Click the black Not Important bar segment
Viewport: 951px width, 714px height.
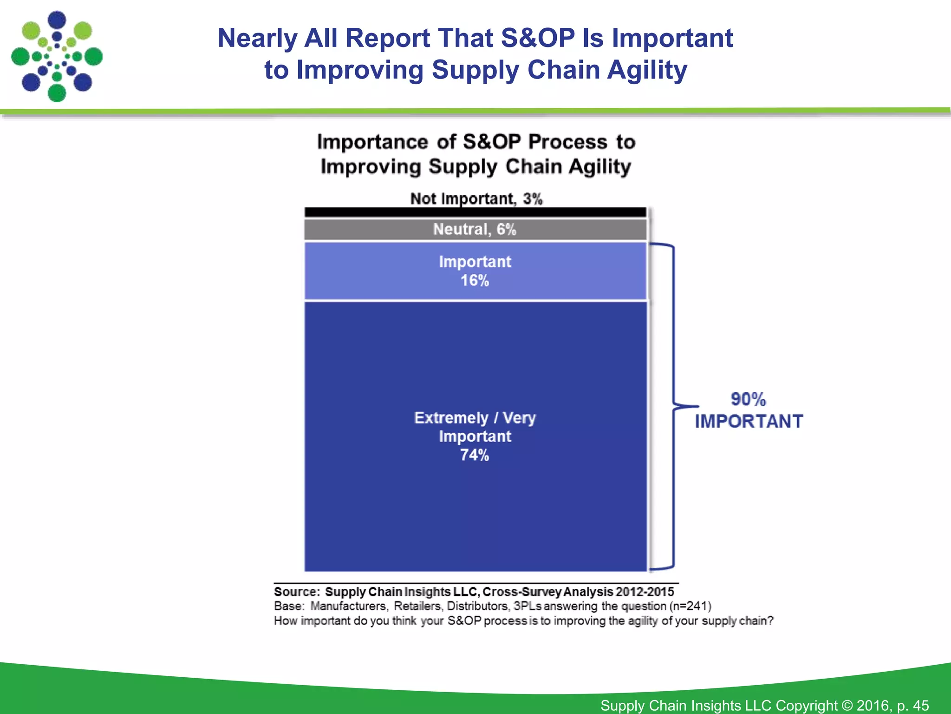[475, 212]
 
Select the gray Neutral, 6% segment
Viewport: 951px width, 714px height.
[475, 229]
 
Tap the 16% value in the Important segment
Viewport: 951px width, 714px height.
[475, 281]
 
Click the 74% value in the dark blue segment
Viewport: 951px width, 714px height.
[475, 455]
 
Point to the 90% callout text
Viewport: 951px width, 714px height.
[748, 399]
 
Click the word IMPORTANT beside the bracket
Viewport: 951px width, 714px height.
[749, 422]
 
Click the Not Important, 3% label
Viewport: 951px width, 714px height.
[476, 199]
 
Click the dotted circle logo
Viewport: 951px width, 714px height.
[57, 57]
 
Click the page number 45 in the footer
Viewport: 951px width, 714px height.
[920, 705]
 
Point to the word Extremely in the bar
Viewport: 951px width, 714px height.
[451, 418]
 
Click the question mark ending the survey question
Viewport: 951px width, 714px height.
[770, 621]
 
